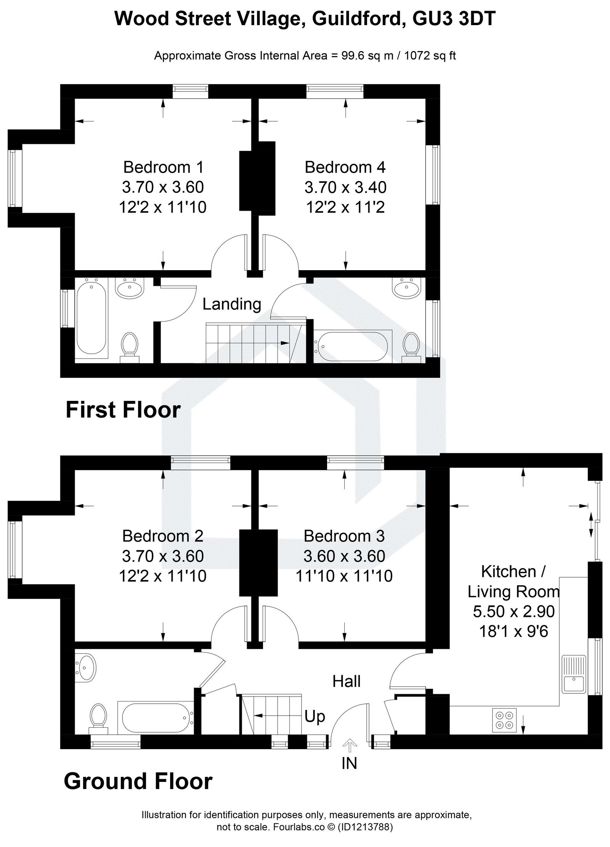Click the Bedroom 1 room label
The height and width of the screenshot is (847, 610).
pos(163,167)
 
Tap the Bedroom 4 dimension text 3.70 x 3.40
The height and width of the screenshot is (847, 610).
pos(345,187)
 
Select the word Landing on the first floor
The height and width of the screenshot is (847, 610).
pos(231,304)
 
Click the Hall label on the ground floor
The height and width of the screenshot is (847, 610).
pos(346,681)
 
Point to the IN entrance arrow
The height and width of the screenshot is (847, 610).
pos(349,743)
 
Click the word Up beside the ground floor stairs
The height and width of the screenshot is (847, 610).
pos(315,717)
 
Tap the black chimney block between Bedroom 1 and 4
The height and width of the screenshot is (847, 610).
pos(257,176)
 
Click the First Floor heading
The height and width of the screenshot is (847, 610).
pos(123,410)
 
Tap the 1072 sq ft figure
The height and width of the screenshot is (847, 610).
pos(430,56)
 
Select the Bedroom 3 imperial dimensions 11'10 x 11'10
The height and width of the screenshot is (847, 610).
pos(344,576)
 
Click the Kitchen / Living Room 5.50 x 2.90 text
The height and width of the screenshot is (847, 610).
pos(513,611)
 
